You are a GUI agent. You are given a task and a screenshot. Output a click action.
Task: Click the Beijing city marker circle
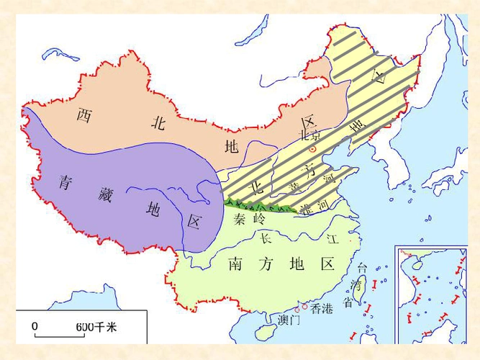point(312,149)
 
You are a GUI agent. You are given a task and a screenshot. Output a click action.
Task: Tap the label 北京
point(309,135)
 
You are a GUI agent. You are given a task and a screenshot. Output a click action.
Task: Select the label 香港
point(322,309)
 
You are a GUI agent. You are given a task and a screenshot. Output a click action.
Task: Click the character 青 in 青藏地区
point(66,181)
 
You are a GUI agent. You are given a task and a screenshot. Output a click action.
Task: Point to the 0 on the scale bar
point(34,326)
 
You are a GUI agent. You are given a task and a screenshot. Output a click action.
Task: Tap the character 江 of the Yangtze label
point(332,238)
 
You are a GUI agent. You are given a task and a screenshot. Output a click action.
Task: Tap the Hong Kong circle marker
point(307,306)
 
